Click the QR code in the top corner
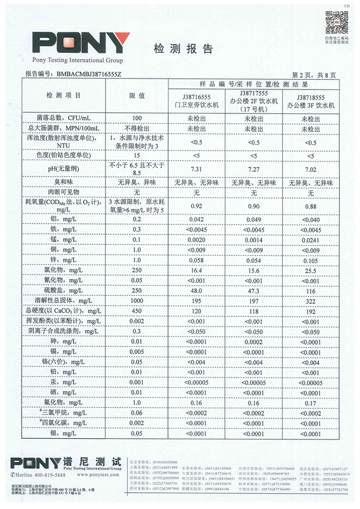coord(337,23)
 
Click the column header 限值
coord(137,95)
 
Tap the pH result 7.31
coord(196,170)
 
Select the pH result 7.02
coord(311,170)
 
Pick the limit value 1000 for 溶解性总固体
coord(137,298)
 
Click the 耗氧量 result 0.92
coord(196,206)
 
